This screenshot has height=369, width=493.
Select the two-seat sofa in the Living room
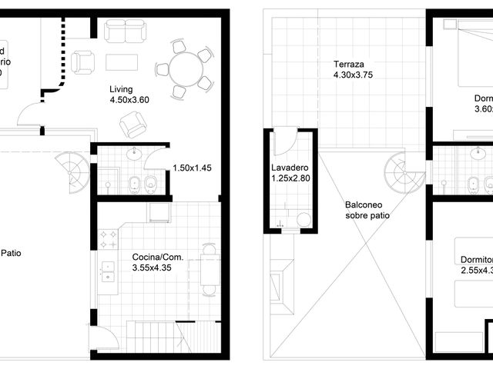coord(125,32)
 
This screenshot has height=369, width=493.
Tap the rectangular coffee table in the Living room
coord(122,61)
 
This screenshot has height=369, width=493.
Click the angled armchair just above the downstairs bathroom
coord(136,123)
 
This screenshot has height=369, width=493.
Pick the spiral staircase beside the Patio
coord(75,171)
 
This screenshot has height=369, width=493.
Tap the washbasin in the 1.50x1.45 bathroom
coord(136,154)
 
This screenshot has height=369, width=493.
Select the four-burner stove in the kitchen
coord(106,239)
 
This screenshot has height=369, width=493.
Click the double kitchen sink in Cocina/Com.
coord(107,271)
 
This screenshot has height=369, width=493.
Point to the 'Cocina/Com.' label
coord(156,258)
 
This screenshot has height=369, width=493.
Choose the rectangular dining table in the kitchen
coord(209,269)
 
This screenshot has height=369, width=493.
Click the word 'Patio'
coord(10,253)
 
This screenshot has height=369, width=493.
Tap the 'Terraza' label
coord(349,64)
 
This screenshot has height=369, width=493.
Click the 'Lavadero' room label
coord(290,167)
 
